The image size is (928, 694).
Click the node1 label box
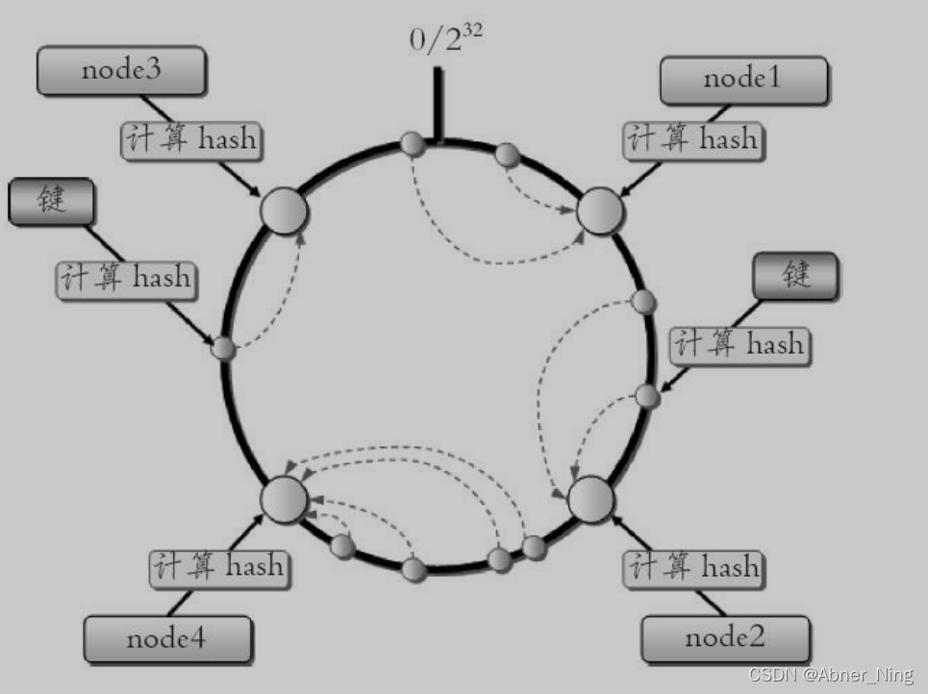742,80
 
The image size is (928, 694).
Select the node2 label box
725,637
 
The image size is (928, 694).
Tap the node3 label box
120,72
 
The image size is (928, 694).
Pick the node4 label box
167,639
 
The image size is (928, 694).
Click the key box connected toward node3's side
52,203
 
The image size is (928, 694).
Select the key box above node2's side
795,276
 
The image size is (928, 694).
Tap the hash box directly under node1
691,140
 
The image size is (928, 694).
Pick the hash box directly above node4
218,566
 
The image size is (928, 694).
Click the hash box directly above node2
691,567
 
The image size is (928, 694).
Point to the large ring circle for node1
600,211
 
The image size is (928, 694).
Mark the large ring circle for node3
284,211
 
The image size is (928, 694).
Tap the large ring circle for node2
590,499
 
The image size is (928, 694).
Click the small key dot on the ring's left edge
223,348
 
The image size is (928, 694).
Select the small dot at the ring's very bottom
414,570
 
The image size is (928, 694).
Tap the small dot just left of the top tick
413,145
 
